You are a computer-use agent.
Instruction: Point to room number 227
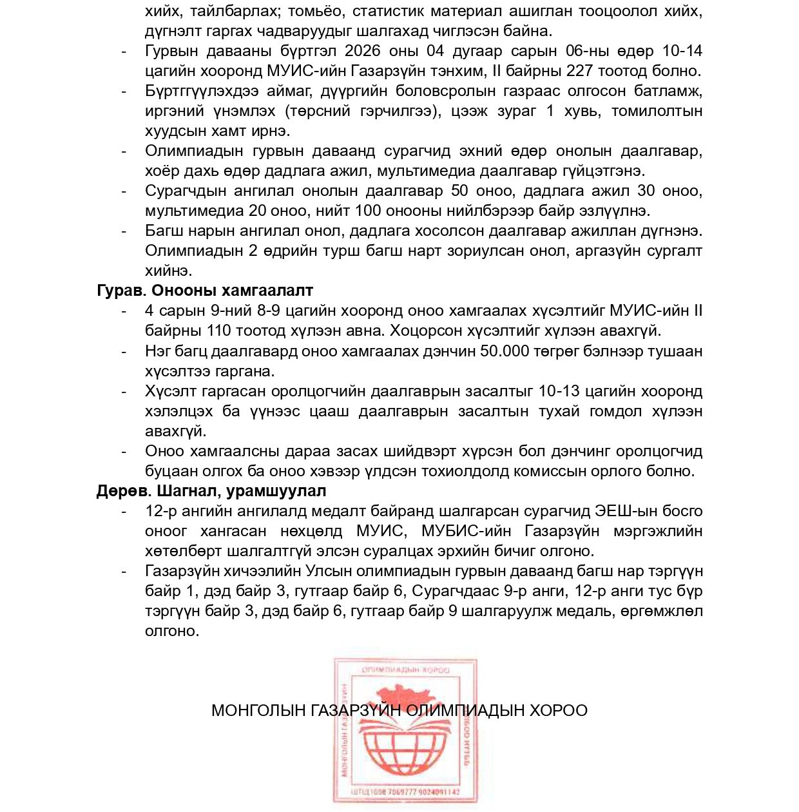tap(580, 71)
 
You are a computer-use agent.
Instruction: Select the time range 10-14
tap(682, 51)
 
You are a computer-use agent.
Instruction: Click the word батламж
tap(668, 91)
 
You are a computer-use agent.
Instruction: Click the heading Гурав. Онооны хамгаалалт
tap(205, 291)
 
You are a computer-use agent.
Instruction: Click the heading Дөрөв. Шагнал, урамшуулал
tap(211, 491)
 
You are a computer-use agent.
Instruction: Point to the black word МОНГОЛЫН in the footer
tap(258, 711)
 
